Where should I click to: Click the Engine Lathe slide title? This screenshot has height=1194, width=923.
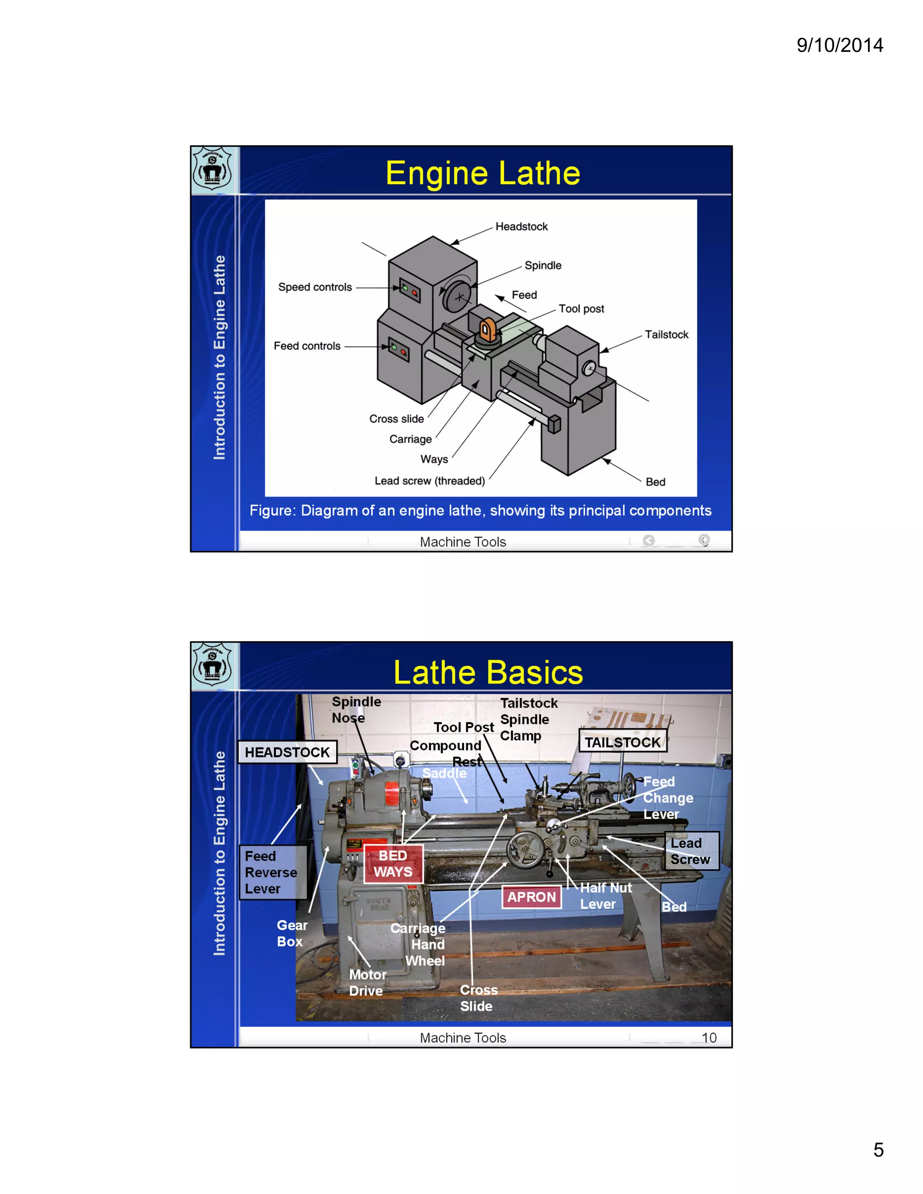pos(482,173)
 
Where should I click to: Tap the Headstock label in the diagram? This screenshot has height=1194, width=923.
pos(521,226)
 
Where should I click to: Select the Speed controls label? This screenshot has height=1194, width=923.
pos(315,287)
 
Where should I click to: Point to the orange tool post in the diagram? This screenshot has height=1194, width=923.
pos(487,330)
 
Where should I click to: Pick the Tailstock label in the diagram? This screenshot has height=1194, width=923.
pos(666,335)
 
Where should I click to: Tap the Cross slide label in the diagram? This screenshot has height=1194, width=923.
pos(397,419)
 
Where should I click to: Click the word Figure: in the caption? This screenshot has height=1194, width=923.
pos(272,510)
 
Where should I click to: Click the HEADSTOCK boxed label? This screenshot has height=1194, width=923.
pos(287,752)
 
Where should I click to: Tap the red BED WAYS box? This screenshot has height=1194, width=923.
pos(393,864)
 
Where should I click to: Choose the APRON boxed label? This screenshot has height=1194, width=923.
pos(531,897)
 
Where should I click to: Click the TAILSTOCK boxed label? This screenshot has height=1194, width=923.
pos(622,743)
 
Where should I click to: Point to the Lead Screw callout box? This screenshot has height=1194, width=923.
pos(691,851)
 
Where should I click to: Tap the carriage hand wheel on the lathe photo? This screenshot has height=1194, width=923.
pos(525,850)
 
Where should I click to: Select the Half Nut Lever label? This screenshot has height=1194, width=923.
pos(605,896)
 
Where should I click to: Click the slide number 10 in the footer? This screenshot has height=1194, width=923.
pos(708,1038)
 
